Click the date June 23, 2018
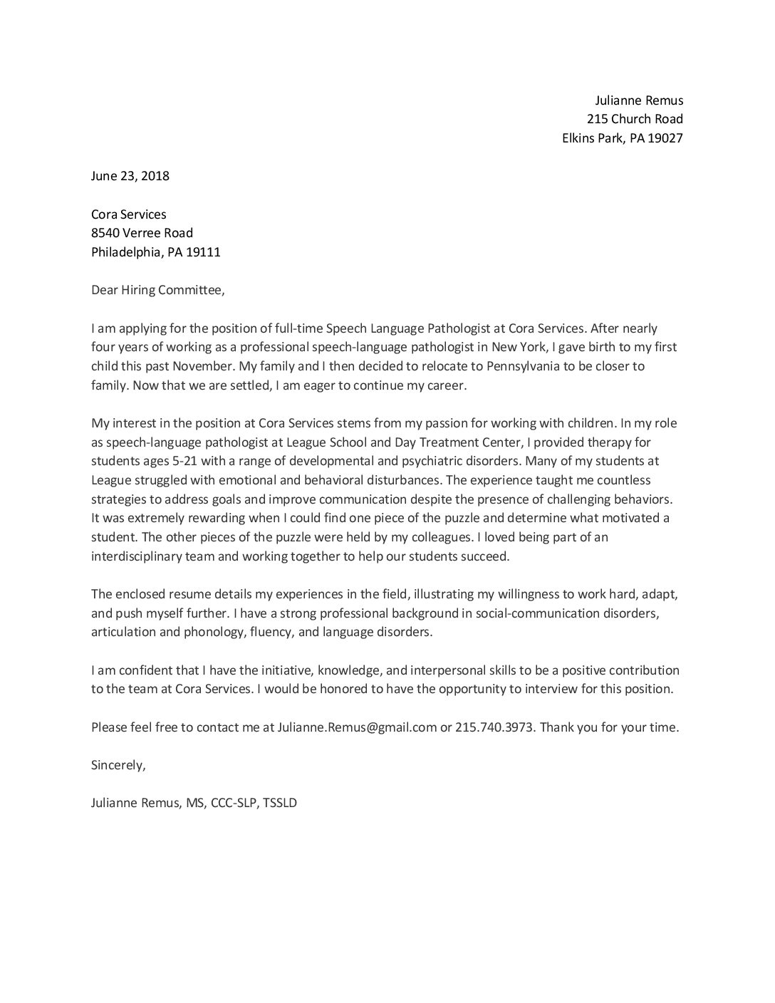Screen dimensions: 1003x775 tap(130, 176)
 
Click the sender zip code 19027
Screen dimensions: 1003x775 tap(665, 138)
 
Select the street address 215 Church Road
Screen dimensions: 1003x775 tap(635, 119)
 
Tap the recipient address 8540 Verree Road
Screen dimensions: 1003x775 tap(142, 233)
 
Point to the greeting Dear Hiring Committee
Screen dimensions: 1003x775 tap(157, 290)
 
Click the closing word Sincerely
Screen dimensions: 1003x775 tap(118, 765)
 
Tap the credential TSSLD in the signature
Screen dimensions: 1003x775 tap(280, 803)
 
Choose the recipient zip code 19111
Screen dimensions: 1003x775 tap(204, 252)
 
